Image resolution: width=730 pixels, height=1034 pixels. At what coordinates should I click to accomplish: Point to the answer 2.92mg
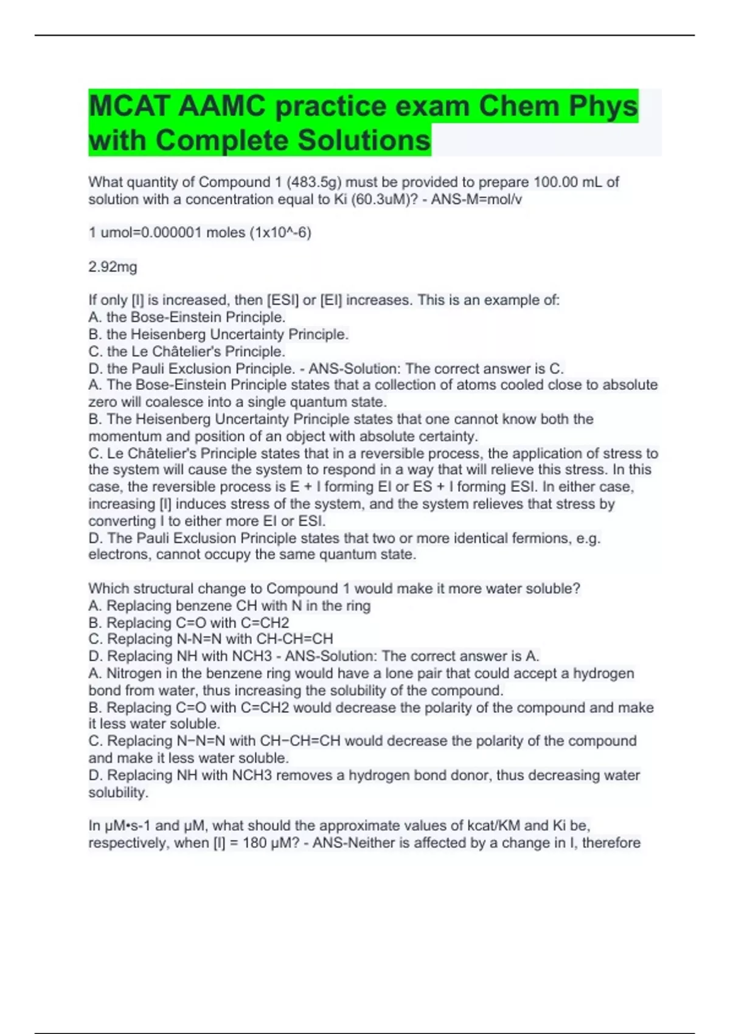[x=113, y=266]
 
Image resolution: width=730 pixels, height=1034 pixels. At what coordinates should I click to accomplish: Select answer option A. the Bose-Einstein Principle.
[x=187, y=317]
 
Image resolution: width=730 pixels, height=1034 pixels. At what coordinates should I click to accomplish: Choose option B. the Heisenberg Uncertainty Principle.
[x=218, y=334]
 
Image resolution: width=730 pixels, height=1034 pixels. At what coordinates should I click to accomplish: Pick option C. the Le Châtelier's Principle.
[x=187, y=351]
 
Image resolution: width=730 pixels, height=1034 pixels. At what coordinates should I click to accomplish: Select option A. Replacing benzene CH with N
[x=229, y=605]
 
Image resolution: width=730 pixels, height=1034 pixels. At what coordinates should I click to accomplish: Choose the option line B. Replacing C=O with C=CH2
[x=189, y=622]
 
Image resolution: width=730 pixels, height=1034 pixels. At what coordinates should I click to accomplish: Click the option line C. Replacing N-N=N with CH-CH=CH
[x=210, y=639]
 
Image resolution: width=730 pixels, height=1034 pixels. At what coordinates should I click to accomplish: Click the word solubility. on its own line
[x=118, y=792]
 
